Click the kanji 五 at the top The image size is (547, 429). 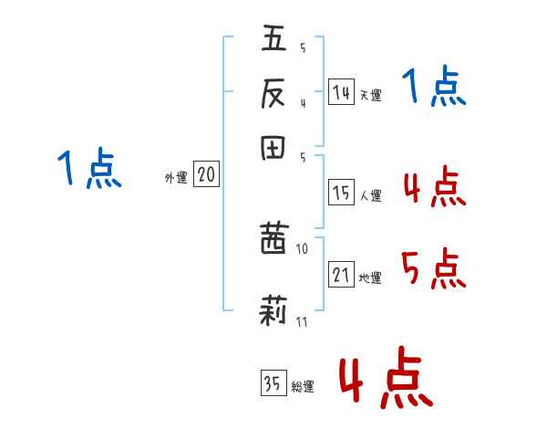273,37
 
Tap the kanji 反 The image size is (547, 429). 273,93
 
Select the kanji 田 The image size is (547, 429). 273,148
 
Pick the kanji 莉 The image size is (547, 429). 273,310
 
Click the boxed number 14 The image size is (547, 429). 341,92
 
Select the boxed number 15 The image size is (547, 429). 341,193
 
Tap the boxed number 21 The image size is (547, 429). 341,274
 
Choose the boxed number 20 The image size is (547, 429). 206,173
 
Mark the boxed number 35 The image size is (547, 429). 273,382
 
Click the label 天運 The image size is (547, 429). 370,95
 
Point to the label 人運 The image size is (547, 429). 370,195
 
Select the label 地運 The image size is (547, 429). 370,277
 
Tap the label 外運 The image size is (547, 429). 176,177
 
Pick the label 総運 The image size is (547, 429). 303,386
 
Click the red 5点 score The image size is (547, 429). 434,268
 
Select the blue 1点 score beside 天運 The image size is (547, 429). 434,86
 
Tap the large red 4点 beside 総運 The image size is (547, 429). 387,377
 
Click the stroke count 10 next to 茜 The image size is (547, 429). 302,249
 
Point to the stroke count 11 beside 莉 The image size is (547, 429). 302,321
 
